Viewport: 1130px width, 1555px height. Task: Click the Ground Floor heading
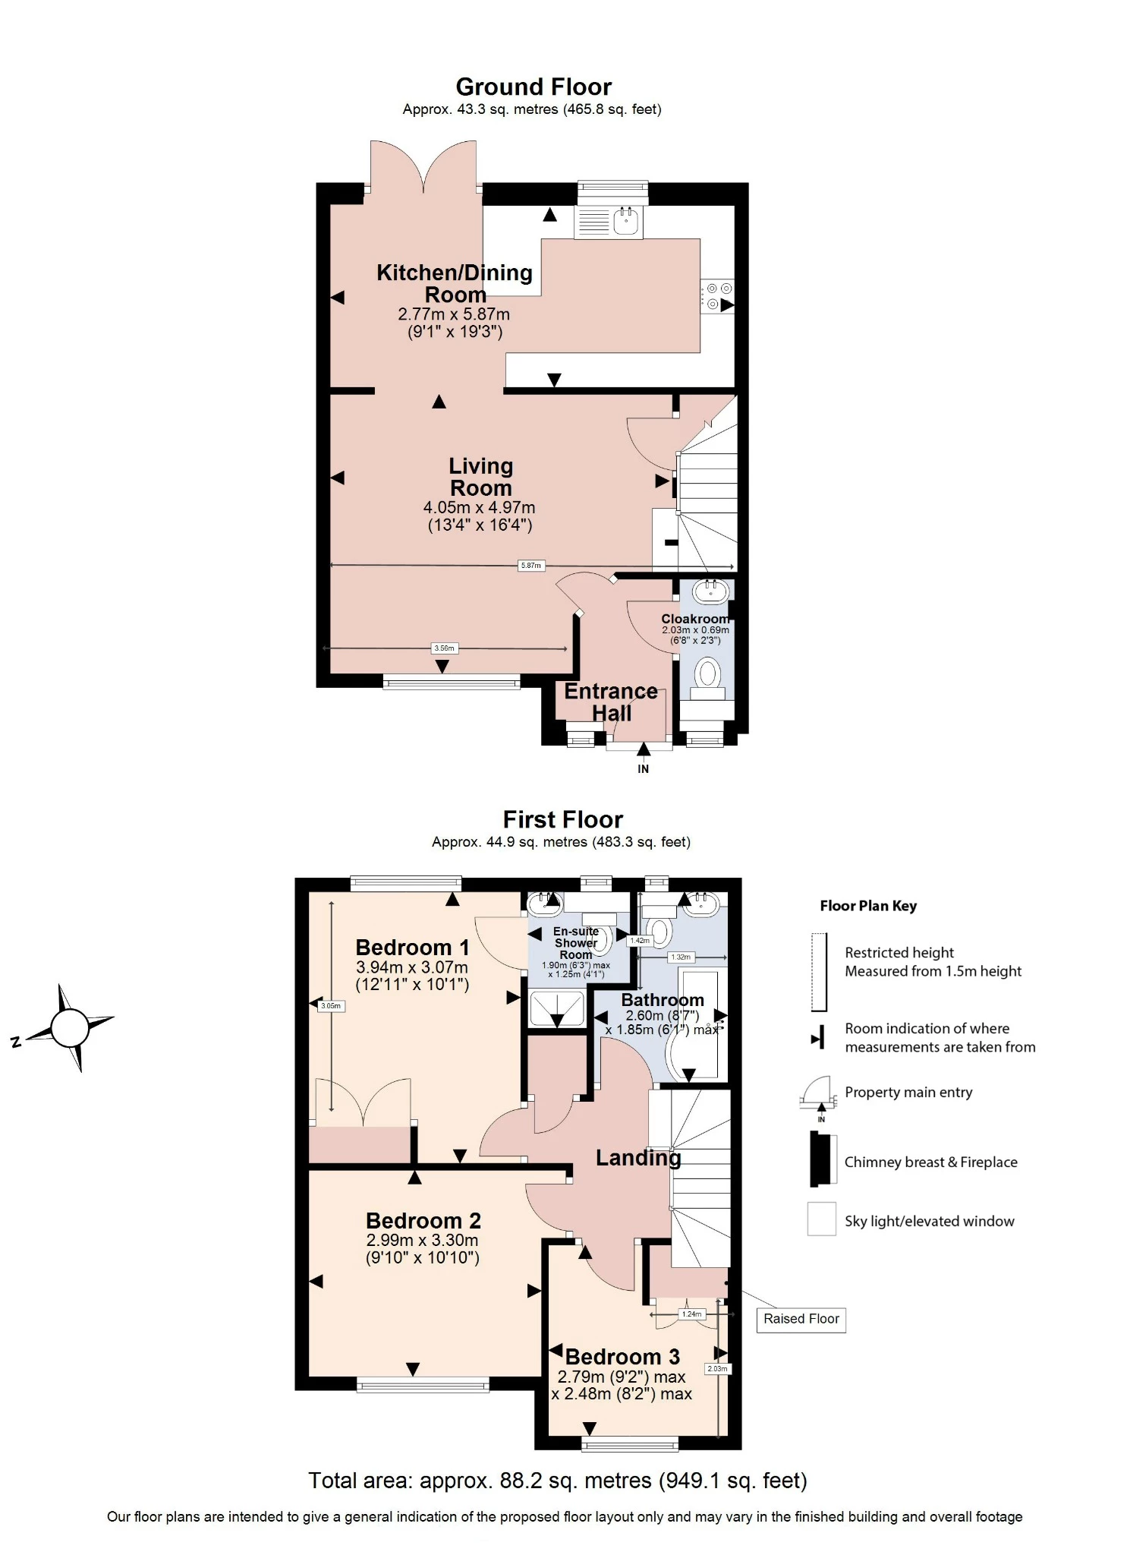tap(534, 87)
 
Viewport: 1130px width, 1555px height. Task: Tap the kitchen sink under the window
tap(627, 221)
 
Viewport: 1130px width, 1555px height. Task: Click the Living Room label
tap(480, 477)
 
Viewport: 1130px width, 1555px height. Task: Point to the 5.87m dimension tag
tap(531, 566)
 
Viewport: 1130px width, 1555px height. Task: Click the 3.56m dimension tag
tap(444, 648)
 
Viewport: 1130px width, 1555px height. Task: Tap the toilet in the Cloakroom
tap(707, 677)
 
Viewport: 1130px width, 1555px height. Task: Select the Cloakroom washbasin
tap(711, 591)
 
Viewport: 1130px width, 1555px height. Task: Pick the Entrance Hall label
tap(611, 702)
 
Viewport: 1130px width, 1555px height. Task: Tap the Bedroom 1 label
tap(412, 948)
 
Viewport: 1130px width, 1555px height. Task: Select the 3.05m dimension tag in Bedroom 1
tap(331, 1006)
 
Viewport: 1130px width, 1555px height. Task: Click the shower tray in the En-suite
tap(557, 1008)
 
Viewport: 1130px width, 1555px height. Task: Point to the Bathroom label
tap(663, 1000)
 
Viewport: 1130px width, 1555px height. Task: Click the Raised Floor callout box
tap(801, 1319)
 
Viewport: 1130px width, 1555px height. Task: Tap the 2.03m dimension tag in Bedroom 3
tap(717, 1369)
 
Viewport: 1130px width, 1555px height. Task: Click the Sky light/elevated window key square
tap(821, 1219)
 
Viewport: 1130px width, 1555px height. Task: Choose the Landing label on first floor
tap(638, 1158)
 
